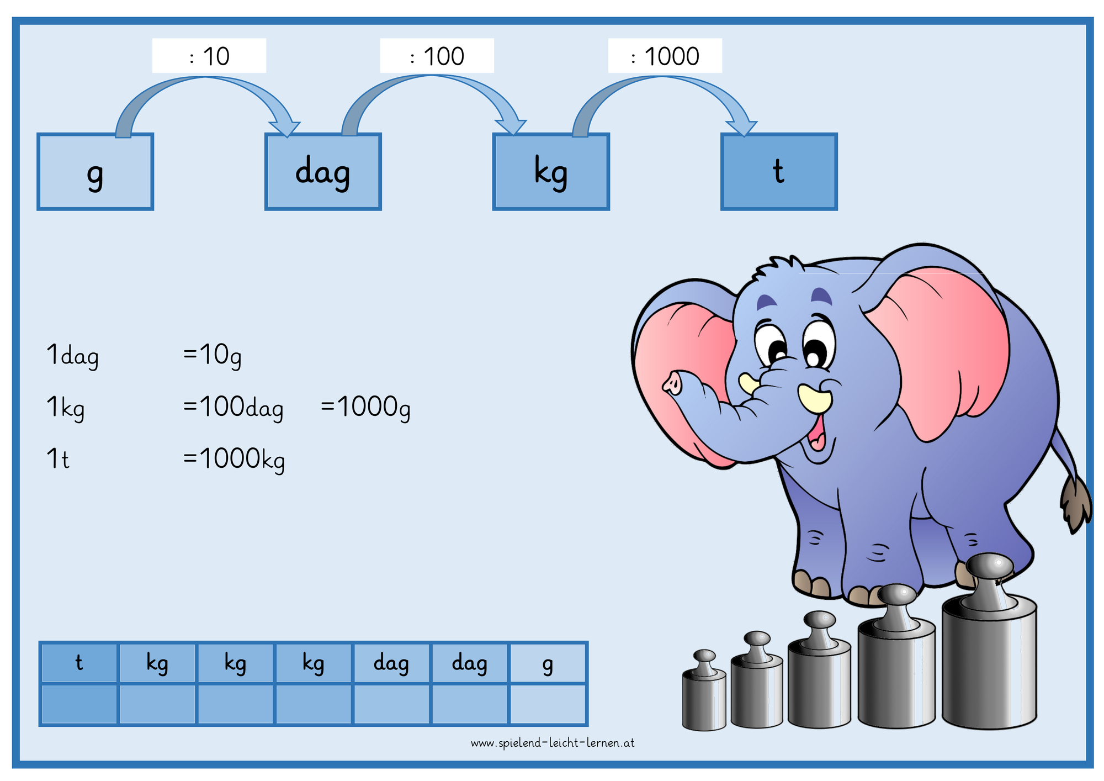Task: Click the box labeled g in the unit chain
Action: tap(95, 171)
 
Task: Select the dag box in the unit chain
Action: tap(323, 171)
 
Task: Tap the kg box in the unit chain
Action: tap(551, 171)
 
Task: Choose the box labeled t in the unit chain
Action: tap(779, 171)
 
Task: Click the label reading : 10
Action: tap(209, 56)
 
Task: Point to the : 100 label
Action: tap(437, 56)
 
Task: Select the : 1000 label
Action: tap(665, 56)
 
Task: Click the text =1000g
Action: tap(365, 407)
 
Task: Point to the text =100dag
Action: tap(233, 407)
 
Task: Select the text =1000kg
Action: tap(234, 459)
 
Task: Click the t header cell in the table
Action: tap(79, 663)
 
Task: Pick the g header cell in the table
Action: tap(548, 663)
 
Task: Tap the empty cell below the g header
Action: tap(548, 704)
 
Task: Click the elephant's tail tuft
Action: tap(1075, 504)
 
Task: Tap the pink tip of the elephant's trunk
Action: tap(672, 383)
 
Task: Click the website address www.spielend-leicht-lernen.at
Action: tap(553, 743)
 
